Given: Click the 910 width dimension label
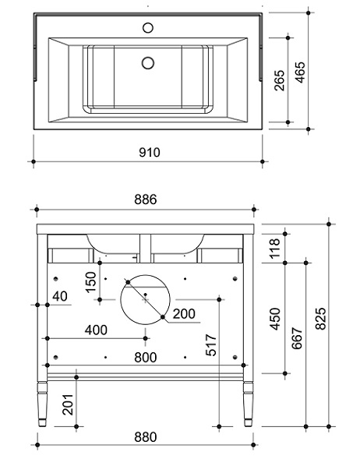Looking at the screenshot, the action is pyautogui.click(x=150, y=152).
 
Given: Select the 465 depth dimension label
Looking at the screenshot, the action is pyautogui.click(x=300, y=72).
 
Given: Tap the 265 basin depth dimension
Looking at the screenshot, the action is pyautogui.click(x=280, y=80).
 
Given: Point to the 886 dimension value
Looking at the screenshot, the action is pyautogui.click(x=146, y=199).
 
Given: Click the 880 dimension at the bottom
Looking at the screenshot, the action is pyautogui.click(x=146, y=437).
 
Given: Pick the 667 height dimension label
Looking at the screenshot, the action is pyautogui.click(x=297, y=338).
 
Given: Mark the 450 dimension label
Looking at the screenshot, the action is pyautogui.click(x=275, y=319).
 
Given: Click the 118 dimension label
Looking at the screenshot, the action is pyautogui.click(x=275, y=249).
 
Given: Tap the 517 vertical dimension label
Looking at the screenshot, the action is pyautogui.click(x=210, y=345).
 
